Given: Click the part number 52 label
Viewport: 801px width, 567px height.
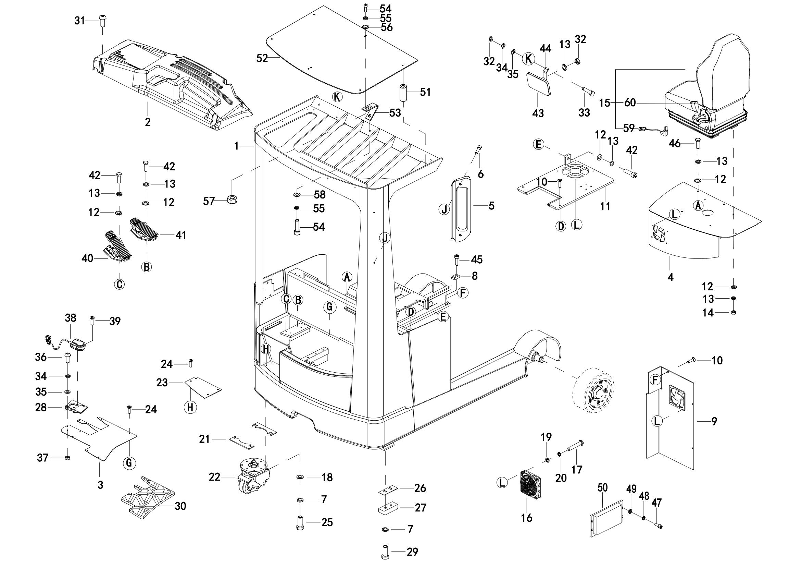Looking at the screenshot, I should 262,58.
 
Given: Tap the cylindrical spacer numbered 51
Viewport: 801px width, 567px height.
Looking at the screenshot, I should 404,92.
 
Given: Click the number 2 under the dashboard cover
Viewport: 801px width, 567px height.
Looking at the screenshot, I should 148,122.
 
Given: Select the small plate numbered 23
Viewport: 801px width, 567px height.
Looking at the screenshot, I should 203,386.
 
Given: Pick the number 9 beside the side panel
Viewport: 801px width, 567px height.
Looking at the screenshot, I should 714,421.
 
